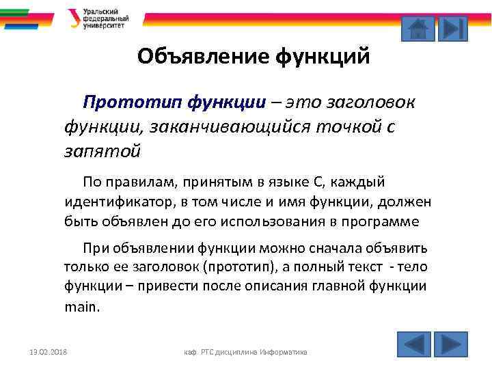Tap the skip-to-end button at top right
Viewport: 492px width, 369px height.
tap(452, 29)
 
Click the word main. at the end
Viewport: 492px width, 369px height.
tap(82, 307)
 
